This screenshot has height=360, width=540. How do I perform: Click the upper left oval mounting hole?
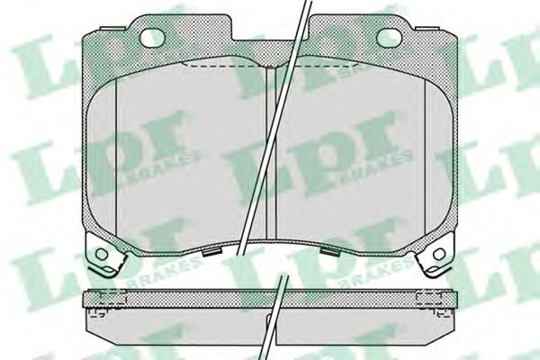(153, 37)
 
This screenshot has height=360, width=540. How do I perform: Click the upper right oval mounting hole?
(389, 37)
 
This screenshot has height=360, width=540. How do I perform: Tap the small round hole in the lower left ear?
(102, 254)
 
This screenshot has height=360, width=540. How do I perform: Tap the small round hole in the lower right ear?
(439, 255)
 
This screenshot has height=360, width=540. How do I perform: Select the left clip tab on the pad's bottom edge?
(211, 252)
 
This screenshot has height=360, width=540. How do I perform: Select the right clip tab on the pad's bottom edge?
(328, 251)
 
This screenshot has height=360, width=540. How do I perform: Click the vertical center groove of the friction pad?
(271, 153)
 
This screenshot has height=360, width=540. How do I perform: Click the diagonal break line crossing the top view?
(274, 128)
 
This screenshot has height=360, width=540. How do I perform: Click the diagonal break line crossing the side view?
(274, 318)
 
